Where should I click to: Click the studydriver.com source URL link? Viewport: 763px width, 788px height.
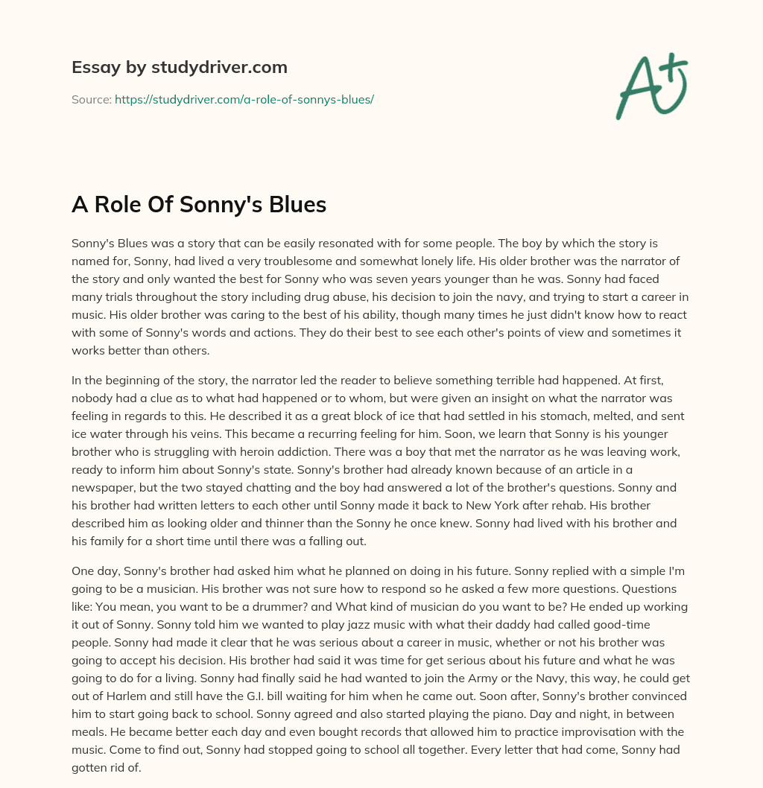click(x=244, y=99)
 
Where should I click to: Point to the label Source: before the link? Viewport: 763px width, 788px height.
click(x=91, y=99)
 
